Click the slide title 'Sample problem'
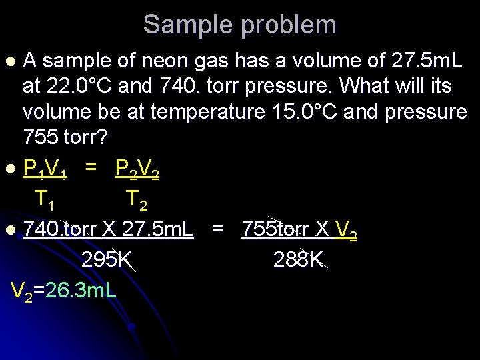point(240,25)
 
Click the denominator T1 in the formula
point(45,199)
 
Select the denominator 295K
point(107,260)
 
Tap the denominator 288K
point(299,260)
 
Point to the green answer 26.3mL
point(79,290)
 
